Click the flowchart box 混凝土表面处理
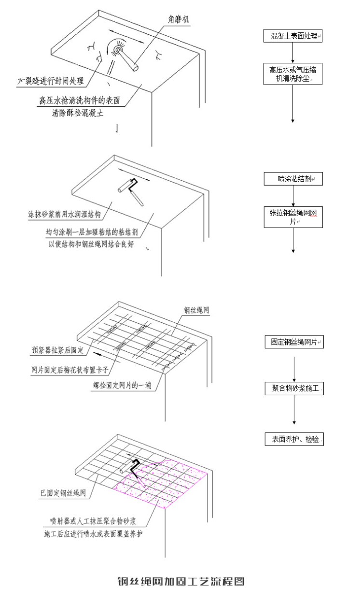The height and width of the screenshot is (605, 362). [293, 36]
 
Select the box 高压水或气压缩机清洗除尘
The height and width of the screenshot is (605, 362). [293, 74]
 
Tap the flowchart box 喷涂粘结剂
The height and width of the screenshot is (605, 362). [293, 179]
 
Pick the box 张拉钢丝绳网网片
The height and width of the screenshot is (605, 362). [293, 216]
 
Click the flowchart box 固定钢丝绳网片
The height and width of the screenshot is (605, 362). [293, 342]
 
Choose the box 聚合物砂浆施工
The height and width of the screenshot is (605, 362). [293, 388]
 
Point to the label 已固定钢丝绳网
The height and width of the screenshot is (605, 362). [63, 493]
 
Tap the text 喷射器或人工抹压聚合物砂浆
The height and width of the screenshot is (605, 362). [93, 522]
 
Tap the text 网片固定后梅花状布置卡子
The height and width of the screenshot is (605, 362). [69, 370]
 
